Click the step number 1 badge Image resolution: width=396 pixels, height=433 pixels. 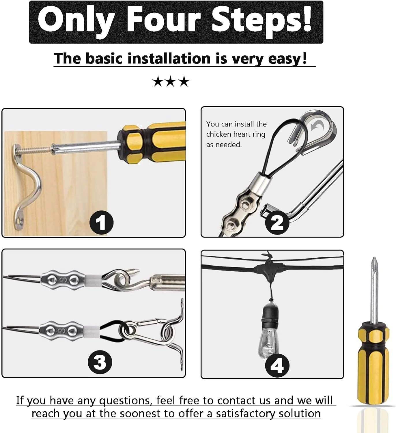102,222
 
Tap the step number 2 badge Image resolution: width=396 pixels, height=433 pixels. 277,222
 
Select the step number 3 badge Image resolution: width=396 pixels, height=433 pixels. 100,362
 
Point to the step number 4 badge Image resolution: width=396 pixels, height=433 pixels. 277,366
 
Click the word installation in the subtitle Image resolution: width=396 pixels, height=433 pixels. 169,58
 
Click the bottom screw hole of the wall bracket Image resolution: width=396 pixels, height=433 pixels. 21,221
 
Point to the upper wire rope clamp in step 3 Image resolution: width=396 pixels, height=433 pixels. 63,281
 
